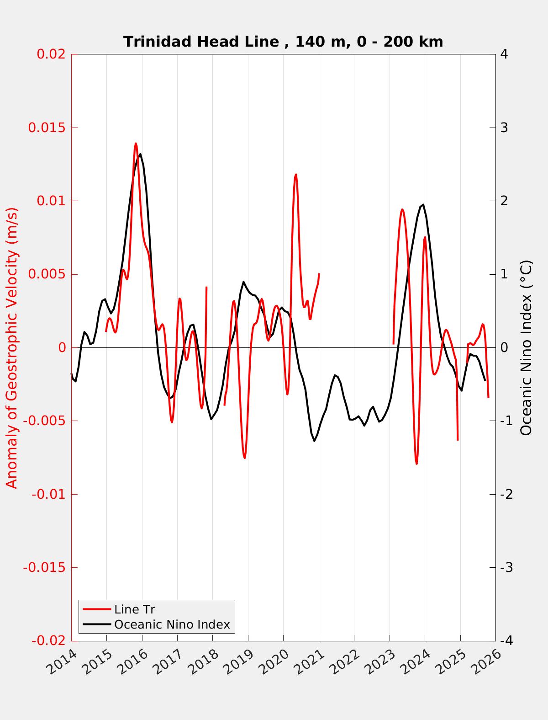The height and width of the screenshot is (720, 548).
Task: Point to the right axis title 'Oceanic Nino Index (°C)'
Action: (x=526, y=347)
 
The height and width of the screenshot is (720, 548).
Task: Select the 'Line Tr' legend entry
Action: (x=135, y=609)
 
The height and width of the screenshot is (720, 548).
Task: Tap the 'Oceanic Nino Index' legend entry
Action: (x=172, y=624)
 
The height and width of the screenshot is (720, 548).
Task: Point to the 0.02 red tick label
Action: (x=51, y=54)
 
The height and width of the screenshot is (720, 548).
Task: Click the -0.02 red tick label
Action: (x=48, y=641)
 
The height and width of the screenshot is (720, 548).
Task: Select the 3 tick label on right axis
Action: (x=504, y=128)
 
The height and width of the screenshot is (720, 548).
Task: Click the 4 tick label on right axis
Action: (x=504, y=54)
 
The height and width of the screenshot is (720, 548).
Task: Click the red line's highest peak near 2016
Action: (x=136, y=144)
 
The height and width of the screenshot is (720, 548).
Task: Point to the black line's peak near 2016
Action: (x=140, y=154)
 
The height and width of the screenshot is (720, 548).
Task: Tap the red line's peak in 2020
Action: (x=296, y=174)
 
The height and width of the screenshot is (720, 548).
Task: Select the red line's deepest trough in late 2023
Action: (x=416, y=464)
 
